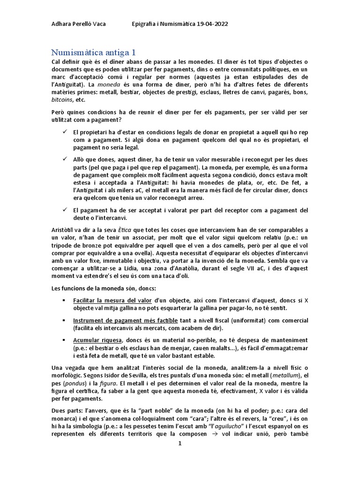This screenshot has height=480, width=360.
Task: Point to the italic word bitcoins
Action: (x=62, y=100)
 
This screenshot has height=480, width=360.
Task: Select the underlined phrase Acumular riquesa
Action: (x=97, y=339)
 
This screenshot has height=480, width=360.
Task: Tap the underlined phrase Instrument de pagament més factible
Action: (x=125, y=320)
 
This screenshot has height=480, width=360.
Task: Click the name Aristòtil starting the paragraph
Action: (x=64, y=230)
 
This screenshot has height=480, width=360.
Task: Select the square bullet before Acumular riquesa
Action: (x=63, y=339)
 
